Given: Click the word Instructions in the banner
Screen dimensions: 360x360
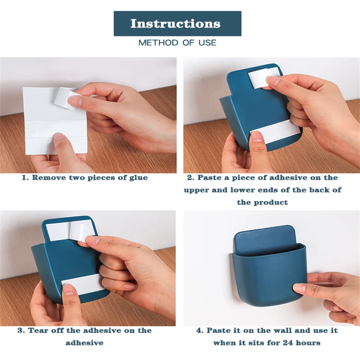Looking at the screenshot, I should coord(175,23).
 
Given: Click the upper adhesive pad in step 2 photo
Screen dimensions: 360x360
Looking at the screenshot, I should coord(258,76).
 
